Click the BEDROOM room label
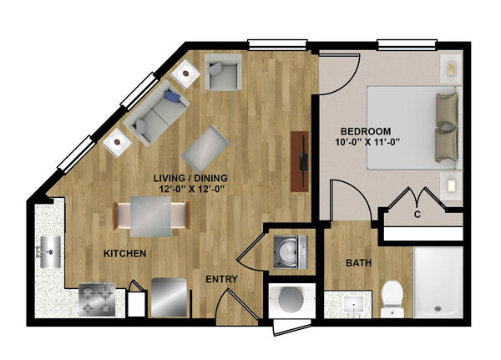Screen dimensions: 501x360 (x=366, y=131)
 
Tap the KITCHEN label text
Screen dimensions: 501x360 (x=125, y=254)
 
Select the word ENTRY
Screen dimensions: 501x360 (x=221, y=279)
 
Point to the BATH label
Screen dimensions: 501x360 (x=359, y=263)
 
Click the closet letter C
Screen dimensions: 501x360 (x=417, y=215)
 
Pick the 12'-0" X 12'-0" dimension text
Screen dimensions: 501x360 (x=191, y=189)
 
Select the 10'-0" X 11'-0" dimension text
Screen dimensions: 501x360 (x=367, y=142)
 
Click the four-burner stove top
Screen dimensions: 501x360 (x=97, y=300)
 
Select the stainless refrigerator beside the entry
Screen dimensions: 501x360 (x=169, y=297)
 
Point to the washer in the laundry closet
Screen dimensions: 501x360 (x=291, y=251)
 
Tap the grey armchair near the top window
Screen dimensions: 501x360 (x=223, y=73)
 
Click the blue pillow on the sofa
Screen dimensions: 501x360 (x=173, y=96)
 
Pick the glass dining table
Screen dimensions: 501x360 (x=150, y=216)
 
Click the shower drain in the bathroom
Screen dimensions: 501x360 (x=438, y=309)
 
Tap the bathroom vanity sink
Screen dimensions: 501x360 (x=353, y=305)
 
